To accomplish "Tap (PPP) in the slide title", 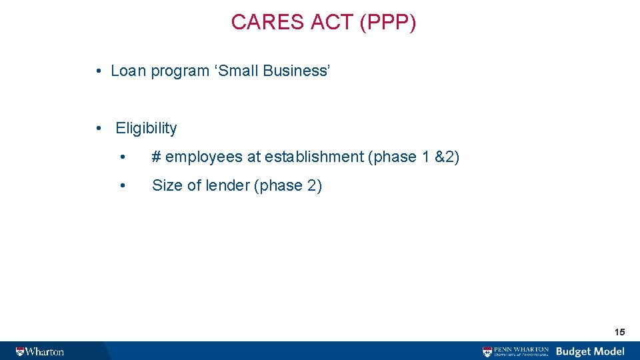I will tap(387, 23).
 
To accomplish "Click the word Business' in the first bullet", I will tap(297, 71).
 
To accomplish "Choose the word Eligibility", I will tap(146, 128).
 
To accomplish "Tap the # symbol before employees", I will tap(156, 157).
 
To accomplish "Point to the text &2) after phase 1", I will tap(447, 157).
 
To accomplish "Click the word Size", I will tap(166, 185).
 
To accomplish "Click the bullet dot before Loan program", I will tap(98, 71).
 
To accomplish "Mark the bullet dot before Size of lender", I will tap(123, 185).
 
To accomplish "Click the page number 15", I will tap(619, 332).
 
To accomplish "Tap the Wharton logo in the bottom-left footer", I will tap(41, 351).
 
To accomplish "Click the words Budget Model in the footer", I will tap(590, 351).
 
